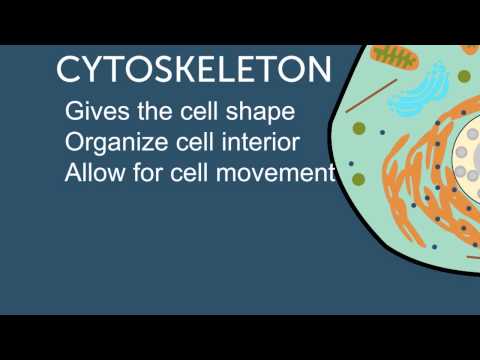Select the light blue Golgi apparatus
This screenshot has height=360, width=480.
pyautogui.click(x=418, y=92)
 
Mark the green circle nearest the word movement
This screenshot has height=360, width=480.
pyautogui.click(x=358, y=179)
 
